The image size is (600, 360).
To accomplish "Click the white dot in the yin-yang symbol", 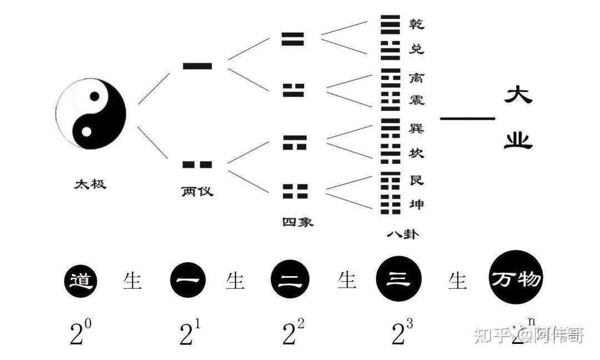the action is pos(86,132).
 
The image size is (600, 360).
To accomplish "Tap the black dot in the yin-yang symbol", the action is pos(95,97).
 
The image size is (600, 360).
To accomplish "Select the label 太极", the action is pos(90,184).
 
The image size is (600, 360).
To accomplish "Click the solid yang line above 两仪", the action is pos(197,66).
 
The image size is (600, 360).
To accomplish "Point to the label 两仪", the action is pos(197,192).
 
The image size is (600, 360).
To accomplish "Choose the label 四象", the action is pos(298,222).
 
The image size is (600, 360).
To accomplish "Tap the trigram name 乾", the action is pos(416,24).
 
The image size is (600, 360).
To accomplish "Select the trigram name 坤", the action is pos(416,204).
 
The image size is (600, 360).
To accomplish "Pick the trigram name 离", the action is pos(416,76).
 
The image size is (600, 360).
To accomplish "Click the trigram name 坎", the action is pos(416,153).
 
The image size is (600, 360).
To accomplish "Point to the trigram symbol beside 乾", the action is pos(390,24).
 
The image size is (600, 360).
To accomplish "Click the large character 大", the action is pos(518,95).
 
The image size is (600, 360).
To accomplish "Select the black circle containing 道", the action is pos(81,282).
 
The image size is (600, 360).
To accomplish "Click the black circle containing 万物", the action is pos(516,279).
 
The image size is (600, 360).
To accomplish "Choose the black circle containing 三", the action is pos(398,280).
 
